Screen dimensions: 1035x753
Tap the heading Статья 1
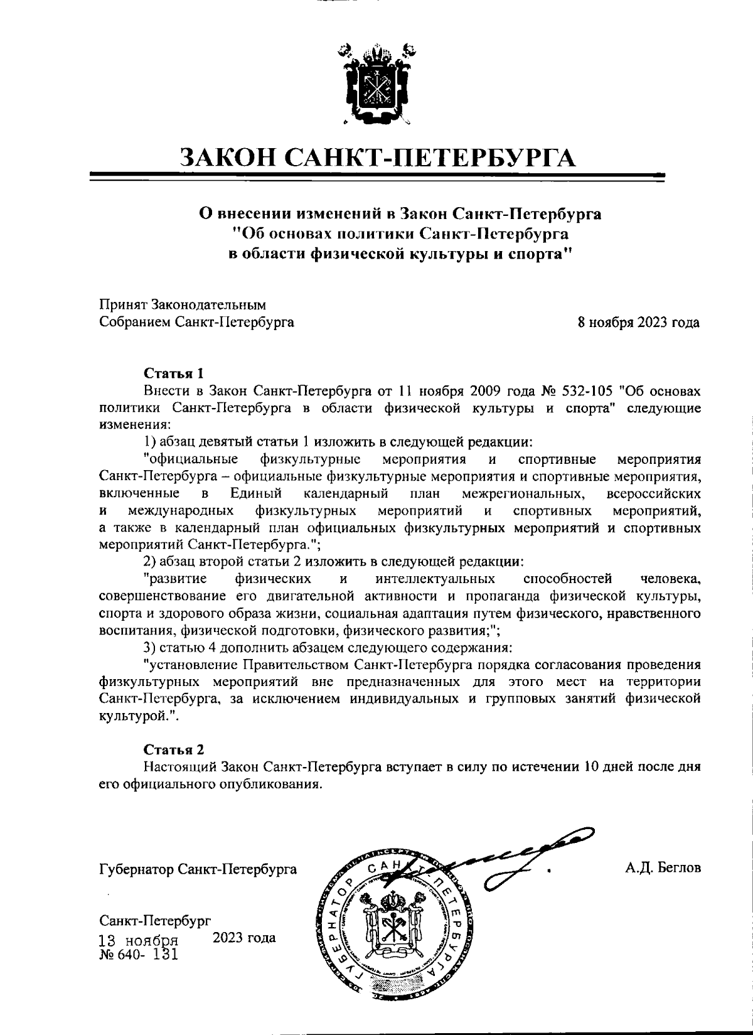174,373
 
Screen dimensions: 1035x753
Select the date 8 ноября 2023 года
639,323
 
